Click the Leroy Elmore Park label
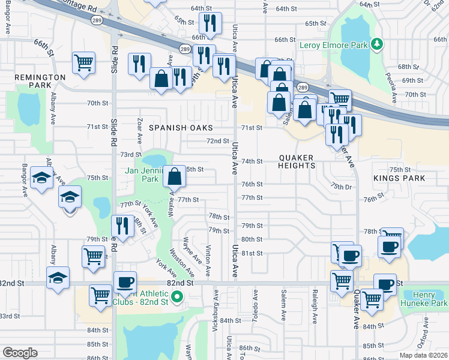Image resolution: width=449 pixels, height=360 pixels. point(334,44)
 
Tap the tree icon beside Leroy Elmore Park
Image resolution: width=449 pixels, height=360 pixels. point(376,43)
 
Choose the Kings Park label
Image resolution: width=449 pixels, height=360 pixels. point(399,178)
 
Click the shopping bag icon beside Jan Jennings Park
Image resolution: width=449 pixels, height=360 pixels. point(174,176)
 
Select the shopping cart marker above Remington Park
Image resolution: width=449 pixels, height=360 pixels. point(84,62)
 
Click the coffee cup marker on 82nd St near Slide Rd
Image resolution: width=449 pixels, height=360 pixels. point(125,282)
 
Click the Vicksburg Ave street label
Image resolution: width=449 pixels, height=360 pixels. point(216,306)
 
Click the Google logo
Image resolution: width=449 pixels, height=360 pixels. point(20,353)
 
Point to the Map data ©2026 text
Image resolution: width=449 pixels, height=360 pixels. point(423,355)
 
